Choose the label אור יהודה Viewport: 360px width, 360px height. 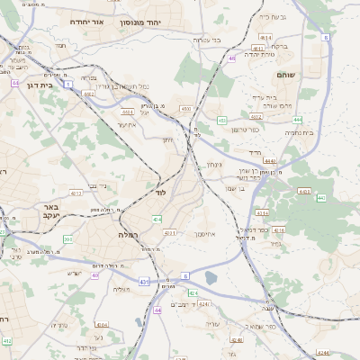pyautogui.click(x=93, y=19)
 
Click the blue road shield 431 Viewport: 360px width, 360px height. pyautogui.click(x=144, y=282)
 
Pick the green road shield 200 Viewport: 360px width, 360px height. pyautogui.click(x=68, y=239)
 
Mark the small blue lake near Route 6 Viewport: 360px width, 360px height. pyautogui.click(x=211, y=278)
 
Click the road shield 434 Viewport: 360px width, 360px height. pyautogui.click(x=157, y=219)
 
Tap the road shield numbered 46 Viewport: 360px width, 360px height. pyautogui.click(x=231, y=58)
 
